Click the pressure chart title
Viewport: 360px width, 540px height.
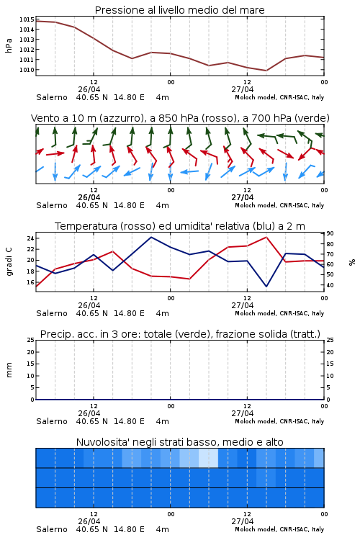179,10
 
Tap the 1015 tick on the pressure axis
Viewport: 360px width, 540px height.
27,19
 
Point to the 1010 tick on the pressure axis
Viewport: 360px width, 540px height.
27,70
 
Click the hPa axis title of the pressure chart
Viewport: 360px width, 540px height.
9,45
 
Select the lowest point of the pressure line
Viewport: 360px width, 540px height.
266,71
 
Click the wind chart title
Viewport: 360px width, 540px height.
180,118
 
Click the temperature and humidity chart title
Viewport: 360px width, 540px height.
180,226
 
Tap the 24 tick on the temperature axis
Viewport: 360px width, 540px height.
30,238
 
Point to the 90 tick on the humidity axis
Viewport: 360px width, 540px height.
330,233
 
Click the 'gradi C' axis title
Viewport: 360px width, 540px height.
9,262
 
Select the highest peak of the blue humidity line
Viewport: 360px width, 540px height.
151,237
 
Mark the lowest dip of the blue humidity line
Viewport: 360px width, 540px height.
266,286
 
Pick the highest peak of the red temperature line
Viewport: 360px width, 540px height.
266,237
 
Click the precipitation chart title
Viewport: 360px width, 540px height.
180,334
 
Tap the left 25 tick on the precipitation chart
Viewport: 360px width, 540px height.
30,340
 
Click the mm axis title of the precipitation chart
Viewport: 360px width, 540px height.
9,370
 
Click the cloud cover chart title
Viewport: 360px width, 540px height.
179,442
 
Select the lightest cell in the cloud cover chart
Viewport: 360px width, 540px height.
208,458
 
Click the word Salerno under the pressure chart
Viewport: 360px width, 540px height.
52,97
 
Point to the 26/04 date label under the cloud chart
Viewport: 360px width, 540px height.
89,521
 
